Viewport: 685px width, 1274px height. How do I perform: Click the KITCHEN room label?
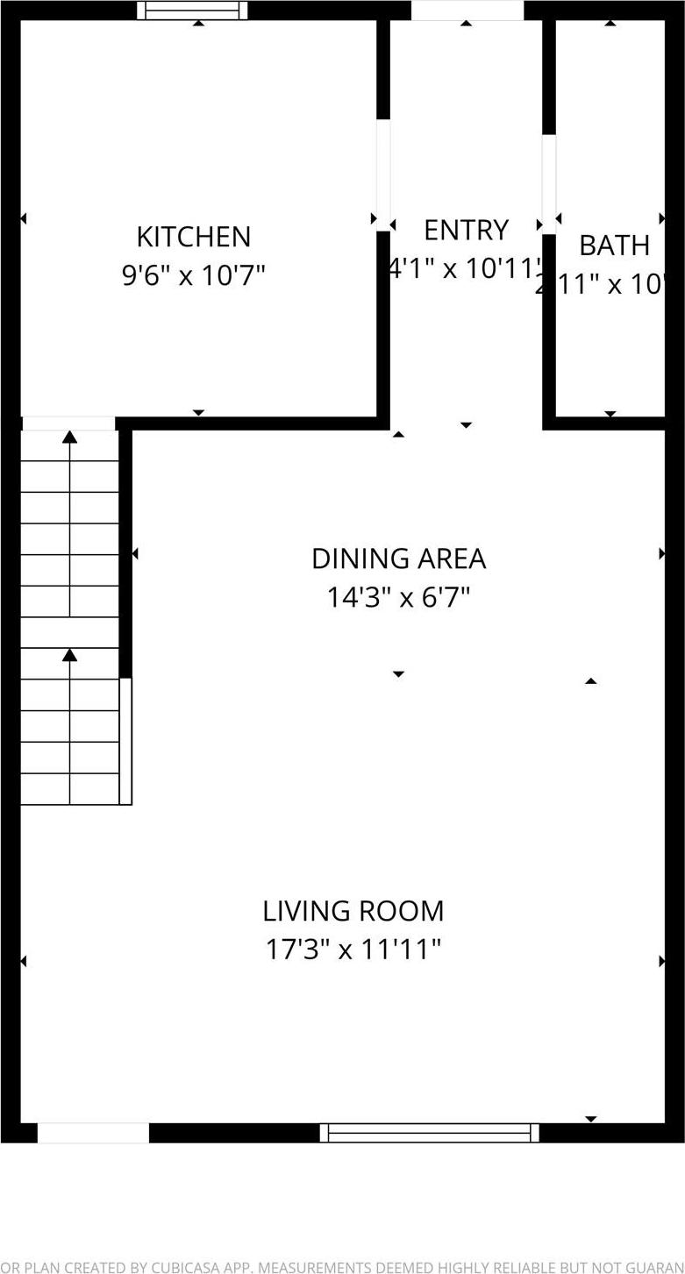(x=193, y=237)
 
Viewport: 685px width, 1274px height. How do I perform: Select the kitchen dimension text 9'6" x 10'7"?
(x=193, y=275)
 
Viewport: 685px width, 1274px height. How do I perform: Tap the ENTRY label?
(x=466, y=230)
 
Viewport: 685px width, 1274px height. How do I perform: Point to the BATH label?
(x=614, y=246)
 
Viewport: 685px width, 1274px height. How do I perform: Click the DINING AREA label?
(x=398, y=559)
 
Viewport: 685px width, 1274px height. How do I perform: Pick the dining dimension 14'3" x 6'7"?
(x=398, y=598)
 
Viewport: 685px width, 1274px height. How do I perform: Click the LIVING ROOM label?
(x=353, y=911)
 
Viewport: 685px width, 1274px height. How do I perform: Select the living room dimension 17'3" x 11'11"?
(x=353, y=950)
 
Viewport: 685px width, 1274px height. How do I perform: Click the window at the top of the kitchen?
(x=192, y=11)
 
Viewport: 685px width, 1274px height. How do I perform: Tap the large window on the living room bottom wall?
(x=429, y=1133)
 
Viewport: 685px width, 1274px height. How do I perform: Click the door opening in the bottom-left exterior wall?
(x=93, y=1134)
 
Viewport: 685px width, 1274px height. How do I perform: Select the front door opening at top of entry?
(x=467, y=10)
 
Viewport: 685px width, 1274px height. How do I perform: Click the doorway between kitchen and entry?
(x=383, y=175)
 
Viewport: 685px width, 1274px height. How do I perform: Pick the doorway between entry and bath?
(x=549, y=184)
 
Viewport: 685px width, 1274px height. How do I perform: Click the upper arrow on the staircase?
(x=69, y=438)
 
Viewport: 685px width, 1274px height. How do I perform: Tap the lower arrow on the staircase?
(x=69, y=655)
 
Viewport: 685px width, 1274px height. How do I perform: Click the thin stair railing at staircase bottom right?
(x=125, y=741)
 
